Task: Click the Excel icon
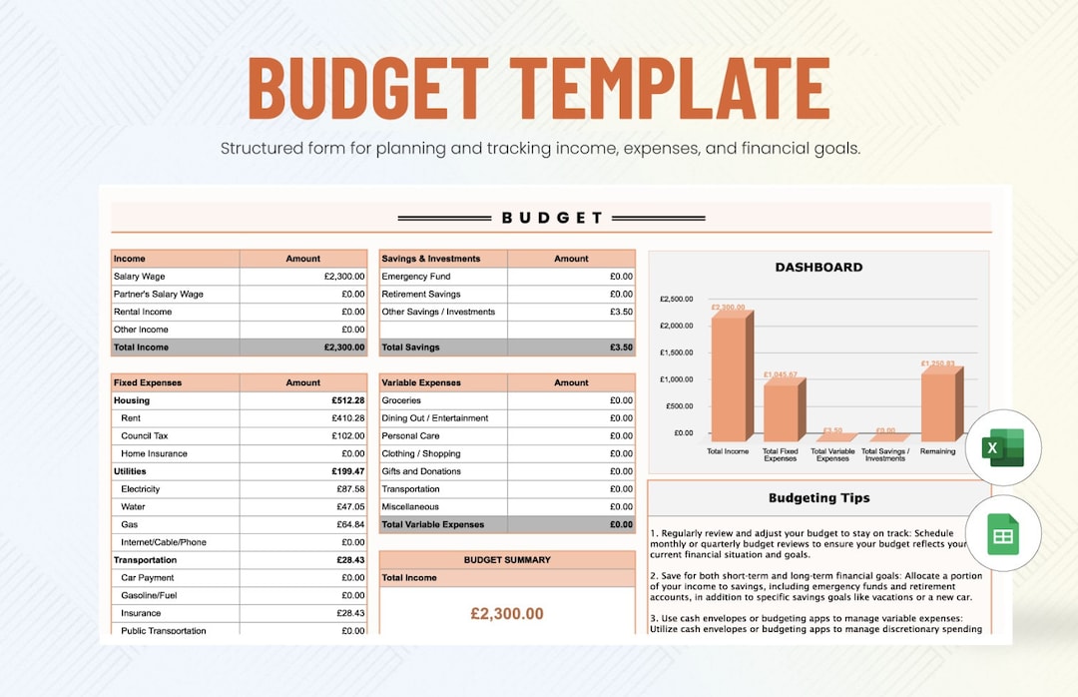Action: tap(1003, 447)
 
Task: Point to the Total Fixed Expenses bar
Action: tap(783, 411)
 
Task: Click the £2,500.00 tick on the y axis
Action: tap(677, 299)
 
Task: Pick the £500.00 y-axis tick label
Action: tap(679, 405)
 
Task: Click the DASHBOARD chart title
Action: tap(818, 267)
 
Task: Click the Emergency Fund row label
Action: tap(416, 277)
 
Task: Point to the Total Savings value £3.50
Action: tap(621, 348)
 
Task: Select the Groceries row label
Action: tap(401, 400)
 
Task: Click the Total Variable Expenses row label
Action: tap(433, 524)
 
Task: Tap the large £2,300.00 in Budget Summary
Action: tap(507, 614)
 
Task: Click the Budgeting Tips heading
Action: tap(818, 497)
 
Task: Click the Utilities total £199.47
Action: tap(347, 471)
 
